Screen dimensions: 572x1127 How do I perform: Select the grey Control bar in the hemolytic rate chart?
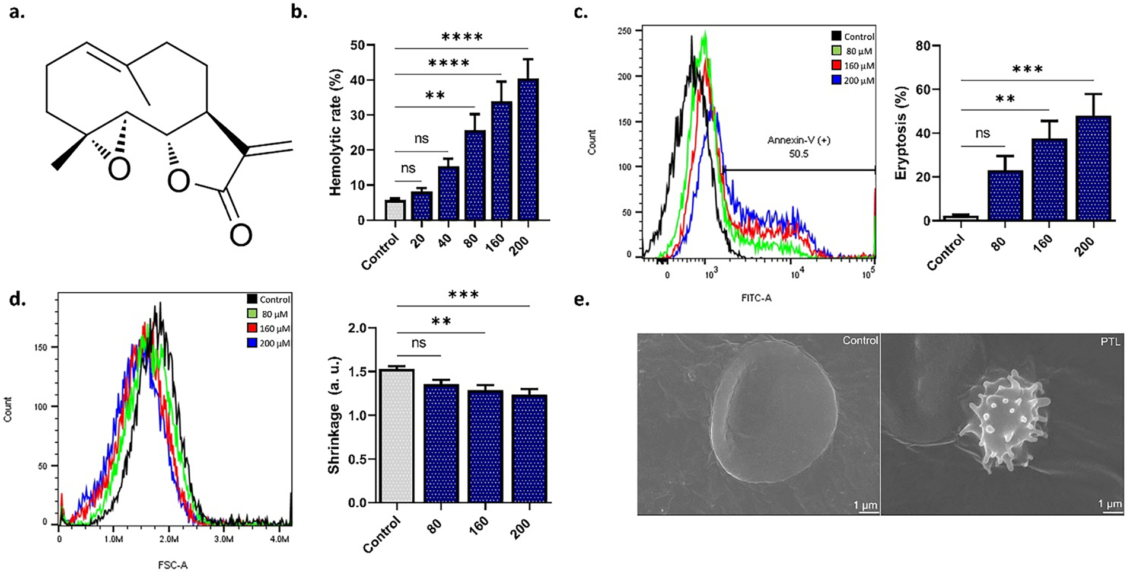click(395, 210)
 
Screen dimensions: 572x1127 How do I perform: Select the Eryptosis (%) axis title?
click(902, 133)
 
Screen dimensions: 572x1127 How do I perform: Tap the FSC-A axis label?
click(173, 565)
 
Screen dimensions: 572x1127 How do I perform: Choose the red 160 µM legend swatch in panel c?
click(837, 66)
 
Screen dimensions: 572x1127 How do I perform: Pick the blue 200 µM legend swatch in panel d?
click(252, 343)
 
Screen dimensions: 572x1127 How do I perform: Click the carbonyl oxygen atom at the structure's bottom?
click(240, 235)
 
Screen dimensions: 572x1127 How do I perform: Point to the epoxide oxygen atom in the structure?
click(119, 170)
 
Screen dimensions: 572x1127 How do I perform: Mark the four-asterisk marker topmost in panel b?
click(462, 37)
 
